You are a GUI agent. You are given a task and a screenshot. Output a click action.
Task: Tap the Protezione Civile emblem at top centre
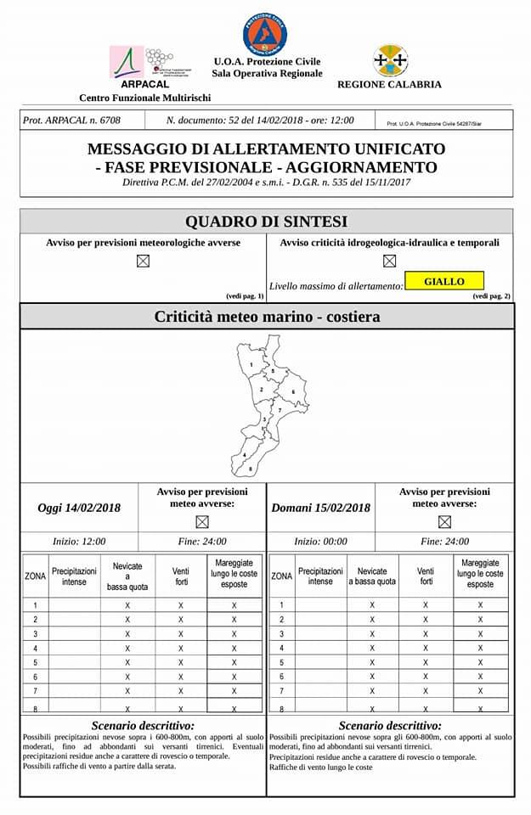[265, 33]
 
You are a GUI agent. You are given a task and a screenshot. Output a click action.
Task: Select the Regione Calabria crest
[390, 61]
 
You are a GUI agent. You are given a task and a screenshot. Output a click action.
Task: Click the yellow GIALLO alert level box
[443, 281]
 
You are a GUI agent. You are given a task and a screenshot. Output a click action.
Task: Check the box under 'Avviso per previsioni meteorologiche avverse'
[143, 261]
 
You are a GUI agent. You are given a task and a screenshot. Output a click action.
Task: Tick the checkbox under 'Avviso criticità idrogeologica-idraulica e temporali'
[389, 261]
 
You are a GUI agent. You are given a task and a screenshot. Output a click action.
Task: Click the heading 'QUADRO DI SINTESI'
[266, 222]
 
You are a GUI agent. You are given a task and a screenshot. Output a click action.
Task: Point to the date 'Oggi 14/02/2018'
[79, 508]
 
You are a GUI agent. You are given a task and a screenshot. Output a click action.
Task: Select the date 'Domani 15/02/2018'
[320, 508]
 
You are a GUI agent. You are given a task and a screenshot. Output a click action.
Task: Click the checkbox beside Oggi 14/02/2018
[202, 521]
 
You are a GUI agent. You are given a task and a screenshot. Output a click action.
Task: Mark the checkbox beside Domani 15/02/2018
[444, 521]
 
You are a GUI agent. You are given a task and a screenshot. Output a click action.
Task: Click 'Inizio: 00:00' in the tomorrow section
[320, 541]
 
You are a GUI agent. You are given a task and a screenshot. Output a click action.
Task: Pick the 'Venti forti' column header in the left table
[181, 576]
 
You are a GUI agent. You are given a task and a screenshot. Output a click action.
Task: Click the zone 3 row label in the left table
[35, 634]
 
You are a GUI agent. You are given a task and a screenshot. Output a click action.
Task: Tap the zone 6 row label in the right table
[281, 677]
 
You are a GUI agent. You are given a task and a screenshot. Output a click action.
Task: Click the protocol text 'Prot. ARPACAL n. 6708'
[71, 121]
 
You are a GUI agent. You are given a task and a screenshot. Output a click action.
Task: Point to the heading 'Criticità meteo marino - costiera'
[267, 317]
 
